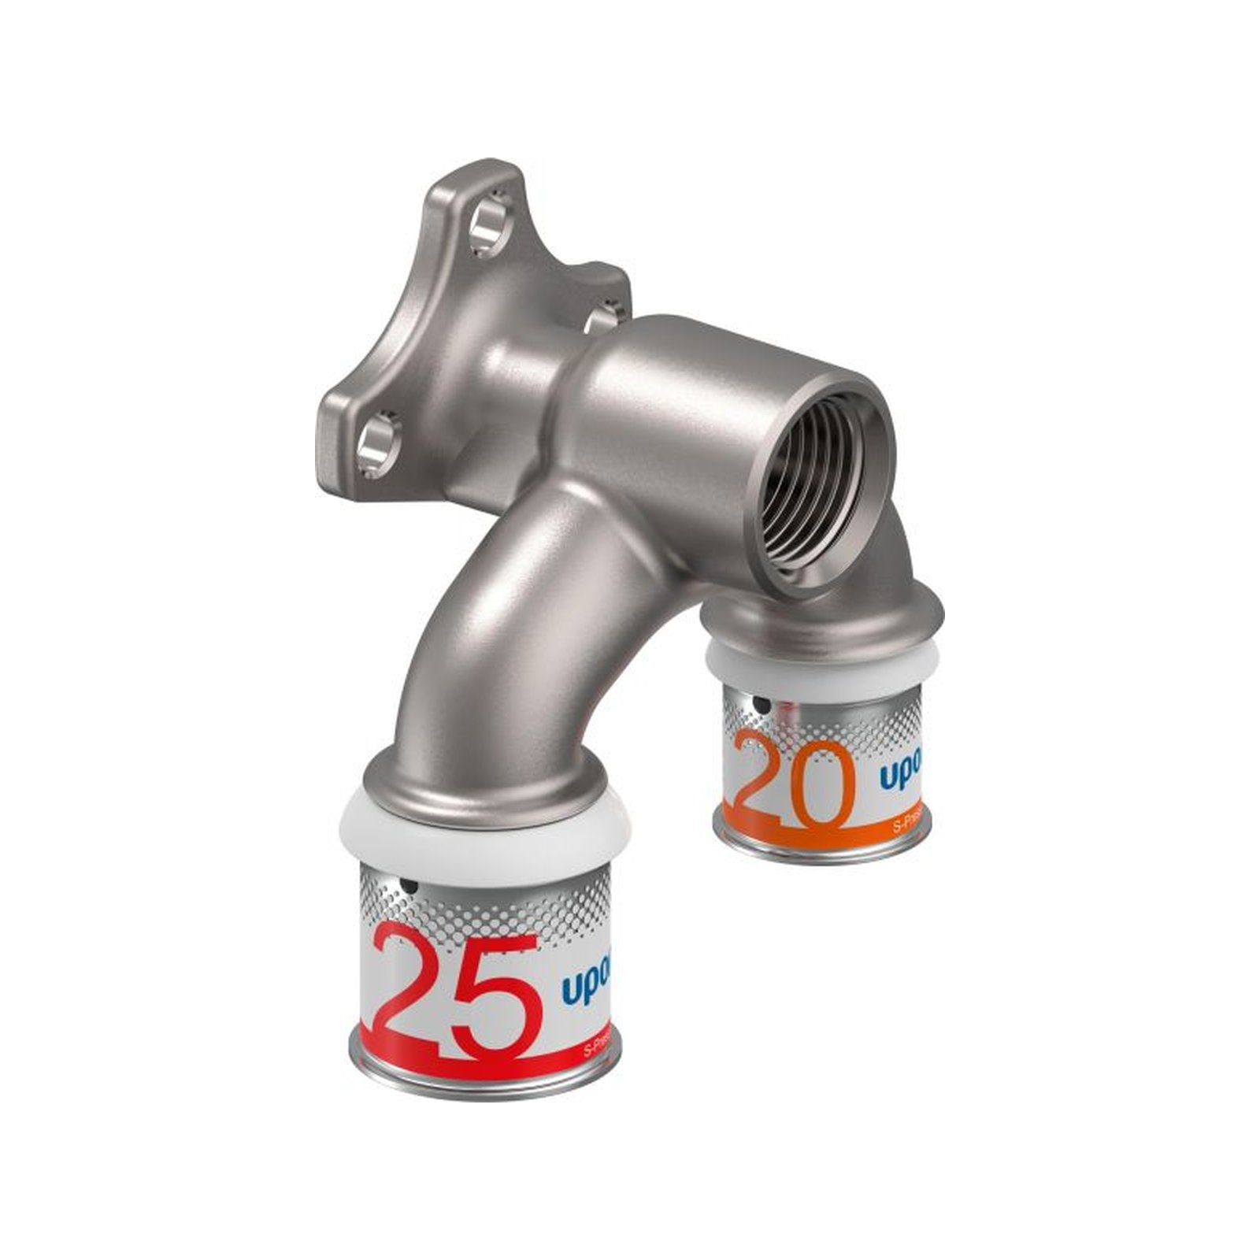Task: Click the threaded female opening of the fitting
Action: tap(827, 480)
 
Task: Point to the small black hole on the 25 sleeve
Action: tap(409, 888)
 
